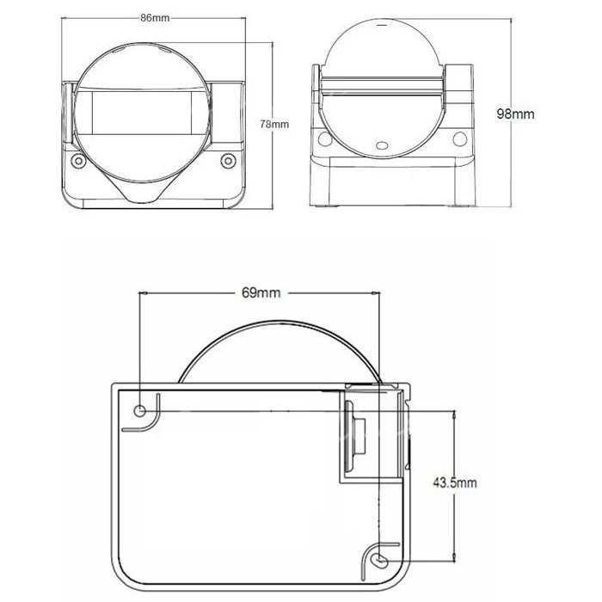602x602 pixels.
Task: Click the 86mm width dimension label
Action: pyautogui.click(x=155, y=18)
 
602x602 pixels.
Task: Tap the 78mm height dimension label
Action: pyautogui.click(x=274, y=124)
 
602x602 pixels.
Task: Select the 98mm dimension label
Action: pyautogui.click(x=515, y=114)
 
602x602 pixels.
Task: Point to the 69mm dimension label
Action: pyautogui.click(x=261, y=292)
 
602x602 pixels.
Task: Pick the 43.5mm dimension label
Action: pyautogui.click(x=455, y=482)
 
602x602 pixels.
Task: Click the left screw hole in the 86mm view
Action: pyautogui.click(x=78, y=161)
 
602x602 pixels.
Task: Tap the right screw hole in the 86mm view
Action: pyautogui.click(x=228, y=161)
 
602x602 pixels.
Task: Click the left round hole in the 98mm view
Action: pyautogui.click(x=325, y=139)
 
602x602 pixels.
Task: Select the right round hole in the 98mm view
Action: pyautogui.click(x=459, y=139)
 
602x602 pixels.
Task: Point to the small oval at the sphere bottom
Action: pyautogui.click(x=382, y=145)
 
